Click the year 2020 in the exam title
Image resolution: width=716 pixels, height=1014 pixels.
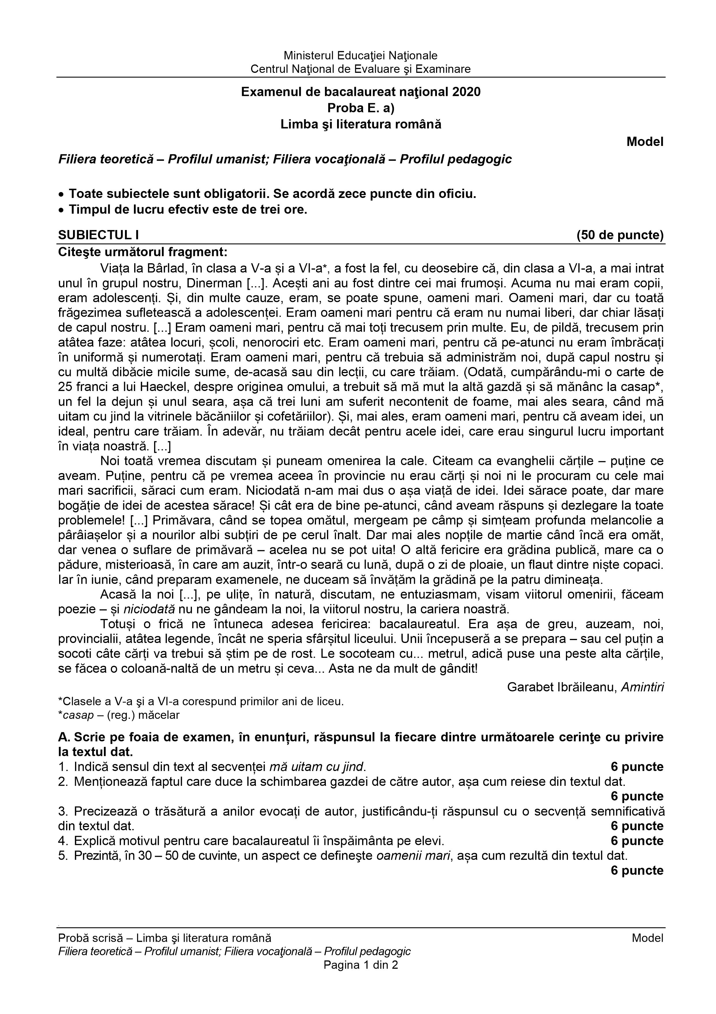click(466, 92)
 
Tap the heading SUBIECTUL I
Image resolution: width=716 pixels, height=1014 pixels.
click(98, 235)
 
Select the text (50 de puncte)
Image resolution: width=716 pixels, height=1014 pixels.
click(620, 235)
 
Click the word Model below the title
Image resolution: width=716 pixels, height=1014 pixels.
click(644, 142)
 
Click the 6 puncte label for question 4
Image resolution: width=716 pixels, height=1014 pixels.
click(637, 841)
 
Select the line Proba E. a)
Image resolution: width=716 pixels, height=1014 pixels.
click(360, 108)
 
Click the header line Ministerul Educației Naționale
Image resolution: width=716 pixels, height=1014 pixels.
click(360, 56)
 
